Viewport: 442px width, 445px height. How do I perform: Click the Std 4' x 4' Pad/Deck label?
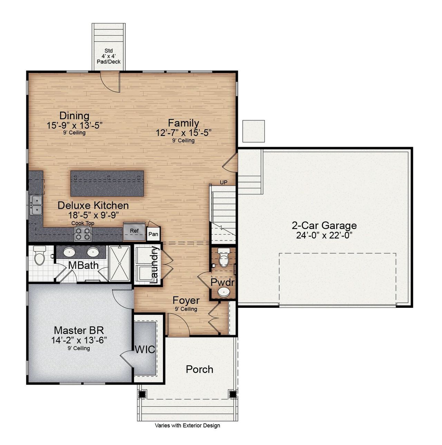(108, 56)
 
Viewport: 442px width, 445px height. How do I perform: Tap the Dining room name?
(74, 115)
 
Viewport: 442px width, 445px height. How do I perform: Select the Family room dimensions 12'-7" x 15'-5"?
(183, 132)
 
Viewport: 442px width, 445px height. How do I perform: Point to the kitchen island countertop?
(107, 183)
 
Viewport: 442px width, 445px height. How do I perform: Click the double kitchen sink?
(36, 205)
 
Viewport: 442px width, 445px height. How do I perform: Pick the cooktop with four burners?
(83, 234)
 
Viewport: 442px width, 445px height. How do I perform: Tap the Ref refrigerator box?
(134, 231)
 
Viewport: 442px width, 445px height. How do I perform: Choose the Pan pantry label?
(153, 234)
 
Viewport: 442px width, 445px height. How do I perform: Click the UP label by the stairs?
(223, 182)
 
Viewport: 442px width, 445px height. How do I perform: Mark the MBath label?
(83, 266)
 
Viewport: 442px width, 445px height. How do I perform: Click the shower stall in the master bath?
(119, 263)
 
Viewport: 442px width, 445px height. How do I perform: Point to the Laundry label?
(154, 265)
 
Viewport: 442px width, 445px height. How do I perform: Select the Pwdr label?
(222, 282)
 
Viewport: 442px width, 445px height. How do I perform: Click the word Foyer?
(186, 300)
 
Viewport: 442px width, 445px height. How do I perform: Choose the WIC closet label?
(145, 349)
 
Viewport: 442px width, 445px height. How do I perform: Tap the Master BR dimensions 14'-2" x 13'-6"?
(79, 340)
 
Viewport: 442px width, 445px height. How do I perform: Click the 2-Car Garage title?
(324, 226)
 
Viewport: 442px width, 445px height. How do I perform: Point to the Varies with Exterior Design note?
(187, 426)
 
